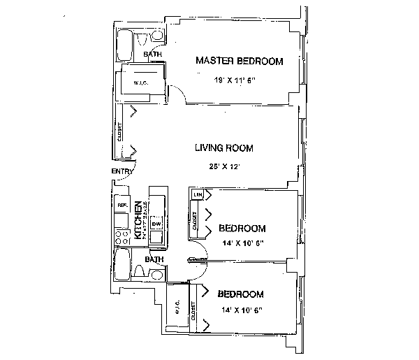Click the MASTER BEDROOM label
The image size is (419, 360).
[240, 62]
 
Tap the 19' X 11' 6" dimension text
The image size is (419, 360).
[235, 80]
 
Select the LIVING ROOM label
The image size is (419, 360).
[223, 148]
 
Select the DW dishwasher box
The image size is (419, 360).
[156, 223]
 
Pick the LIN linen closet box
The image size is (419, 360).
[198, 195]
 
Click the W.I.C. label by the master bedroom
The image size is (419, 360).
[140, 83]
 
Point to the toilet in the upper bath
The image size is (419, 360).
[158, 36]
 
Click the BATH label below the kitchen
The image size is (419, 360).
[154, 259]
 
